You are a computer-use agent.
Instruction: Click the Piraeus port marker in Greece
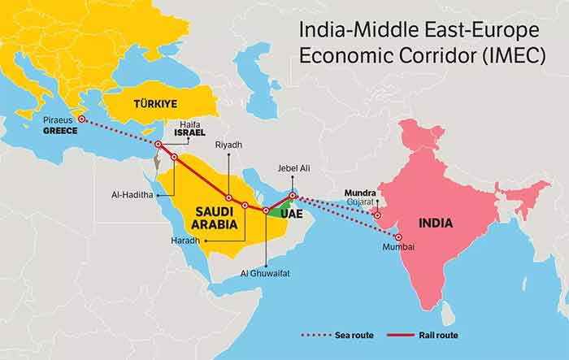coord(81,119)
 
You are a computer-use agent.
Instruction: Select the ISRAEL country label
coord(189,132)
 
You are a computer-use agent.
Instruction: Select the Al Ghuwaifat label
coord(266,273)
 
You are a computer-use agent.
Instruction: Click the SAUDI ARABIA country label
coord(215,217)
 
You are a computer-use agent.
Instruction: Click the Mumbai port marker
coord(397,236)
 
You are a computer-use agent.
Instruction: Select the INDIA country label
coord(436,223)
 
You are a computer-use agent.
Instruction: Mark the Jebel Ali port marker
coord(293,195)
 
